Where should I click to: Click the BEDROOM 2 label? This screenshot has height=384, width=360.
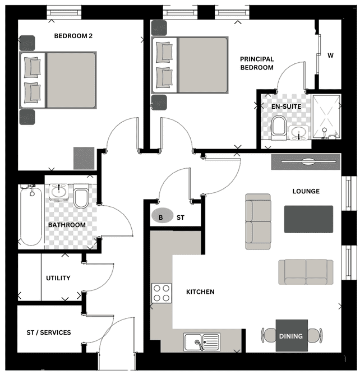click(x=73, y=36)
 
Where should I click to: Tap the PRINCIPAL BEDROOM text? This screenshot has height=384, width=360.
click(x=257, y=63)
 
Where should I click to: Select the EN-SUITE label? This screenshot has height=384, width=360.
click(x=287, y=107)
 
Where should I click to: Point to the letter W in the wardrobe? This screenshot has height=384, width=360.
click(x=330, y=55)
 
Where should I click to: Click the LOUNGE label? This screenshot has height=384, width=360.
click(x=306, y=191)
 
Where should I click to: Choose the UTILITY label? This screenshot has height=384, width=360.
click(x=58, y=278)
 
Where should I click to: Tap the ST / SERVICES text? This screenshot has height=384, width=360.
click(x=49, y=332)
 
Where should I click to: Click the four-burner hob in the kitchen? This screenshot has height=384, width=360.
click(x=161, y=293)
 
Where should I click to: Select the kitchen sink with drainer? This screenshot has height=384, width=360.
click(x=202, y=341)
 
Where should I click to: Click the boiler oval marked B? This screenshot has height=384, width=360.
click(x=163, y=215)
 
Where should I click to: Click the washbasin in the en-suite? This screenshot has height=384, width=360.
click(x=299, y=133)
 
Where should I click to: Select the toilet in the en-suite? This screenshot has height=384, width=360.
click(x=279, y=128)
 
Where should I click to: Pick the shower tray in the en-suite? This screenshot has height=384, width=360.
click(x=326, y=117)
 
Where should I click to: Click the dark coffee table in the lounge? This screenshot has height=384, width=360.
click(x=308, y=219)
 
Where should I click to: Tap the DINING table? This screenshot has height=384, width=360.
click(x=292, y=336)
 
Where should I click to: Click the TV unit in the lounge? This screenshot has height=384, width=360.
click(x=306, y=161)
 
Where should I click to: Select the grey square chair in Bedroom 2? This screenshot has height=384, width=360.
click(x=84, y=158)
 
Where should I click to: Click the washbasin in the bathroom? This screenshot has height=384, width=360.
click(x=59, y=192)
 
